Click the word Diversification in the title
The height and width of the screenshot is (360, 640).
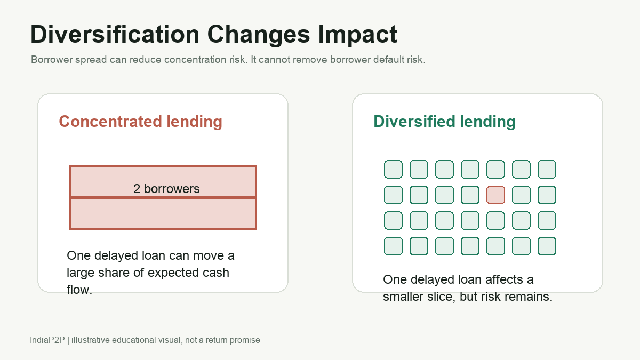pos(115,34)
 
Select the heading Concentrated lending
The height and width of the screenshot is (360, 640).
pos(141,122)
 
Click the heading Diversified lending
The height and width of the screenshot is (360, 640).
pos(445,122)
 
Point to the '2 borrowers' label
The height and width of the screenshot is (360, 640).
pos(166,189)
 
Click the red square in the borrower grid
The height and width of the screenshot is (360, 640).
pos(495,195)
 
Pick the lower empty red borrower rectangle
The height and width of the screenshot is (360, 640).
pos(163,213)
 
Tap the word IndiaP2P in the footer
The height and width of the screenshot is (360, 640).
pos(47,340)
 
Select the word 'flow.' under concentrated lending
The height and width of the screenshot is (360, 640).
pos(79,290)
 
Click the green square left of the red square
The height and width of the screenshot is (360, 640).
pos(470,195)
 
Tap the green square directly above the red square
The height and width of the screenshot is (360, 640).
pos(495,169)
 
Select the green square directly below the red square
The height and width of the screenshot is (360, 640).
pos(495,221)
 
